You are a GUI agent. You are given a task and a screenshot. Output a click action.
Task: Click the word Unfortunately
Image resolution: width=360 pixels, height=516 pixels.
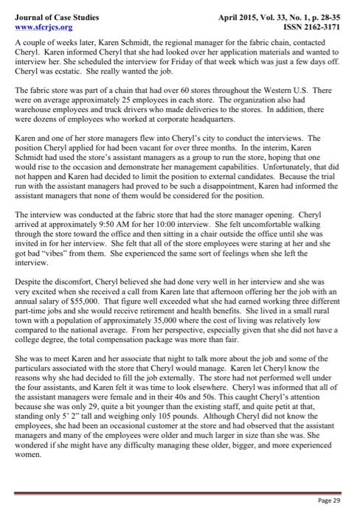tap(267, 167)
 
